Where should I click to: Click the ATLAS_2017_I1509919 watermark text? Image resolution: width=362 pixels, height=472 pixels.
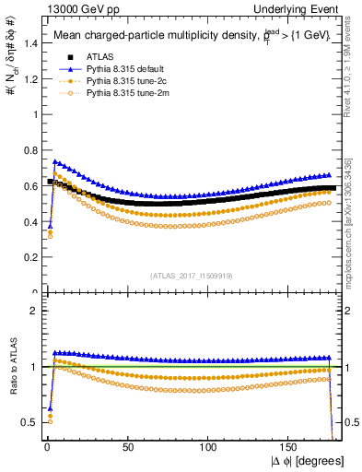click(193, 275)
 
